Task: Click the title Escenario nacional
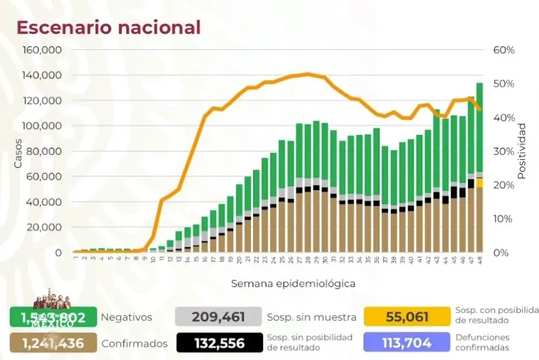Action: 108,28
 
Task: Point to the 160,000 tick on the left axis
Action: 43,50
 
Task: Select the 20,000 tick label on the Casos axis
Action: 45,228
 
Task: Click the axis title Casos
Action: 18,151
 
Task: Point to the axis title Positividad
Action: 522,151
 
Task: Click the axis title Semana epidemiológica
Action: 292,283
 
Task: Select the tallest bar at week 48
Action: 480,167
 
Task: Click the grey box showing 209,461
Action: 218,317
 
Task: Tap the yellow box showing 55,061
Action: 407,317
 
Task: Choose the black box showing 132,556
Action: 218,343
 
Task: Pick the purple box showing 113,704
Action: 407,343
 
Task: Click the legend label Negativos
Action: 126,317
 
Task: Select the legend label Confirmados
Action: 134,343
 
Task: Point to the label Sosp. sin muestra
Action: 311,317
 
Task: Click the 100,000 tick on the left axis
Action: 43,126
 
